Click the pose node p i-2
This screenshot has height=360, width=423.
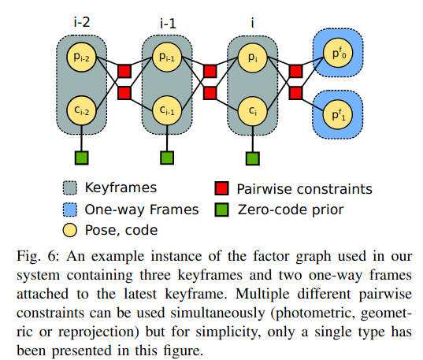coord(81,58)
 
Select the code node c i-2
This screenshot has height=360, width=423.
coord(81,110)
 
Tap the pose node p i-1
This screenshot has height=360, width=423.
coord(167,58)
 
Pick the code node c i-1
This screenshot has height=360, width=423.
coord(167,110)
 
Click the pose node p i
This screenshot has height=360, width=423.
coord(253,58)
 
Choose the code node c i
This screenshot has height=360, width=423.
coord(253,110)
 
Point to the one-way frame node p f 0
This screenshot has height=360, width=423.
coord(338,53)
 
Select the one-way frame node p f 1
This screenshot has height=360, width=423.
coord(338,115)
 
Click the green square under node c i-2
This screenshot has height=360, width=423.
coord(81,158)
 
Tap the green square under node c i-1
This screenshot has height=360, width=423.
coord(167,158)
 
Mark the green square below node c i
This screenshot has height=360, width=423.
coord(253,158)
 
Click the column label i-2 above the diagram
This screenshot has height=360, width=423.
coord(82,22)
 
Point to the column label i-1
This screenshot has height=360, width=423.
coord(168,24)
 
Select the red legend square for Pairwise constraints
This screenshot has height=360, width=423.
coord(222,188)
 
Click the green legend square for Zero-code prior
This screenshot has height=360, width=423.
coord(222,210)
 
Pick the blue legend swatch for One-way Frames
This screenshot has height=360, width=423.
coord(70,210)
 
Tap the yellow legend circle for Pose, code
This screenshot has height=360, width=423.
coord(70,230)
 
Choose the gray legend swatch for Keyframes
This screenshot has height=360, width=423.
coord(70,188)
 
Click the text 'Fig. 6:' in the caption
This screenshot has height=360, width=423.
coord(38,256)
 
